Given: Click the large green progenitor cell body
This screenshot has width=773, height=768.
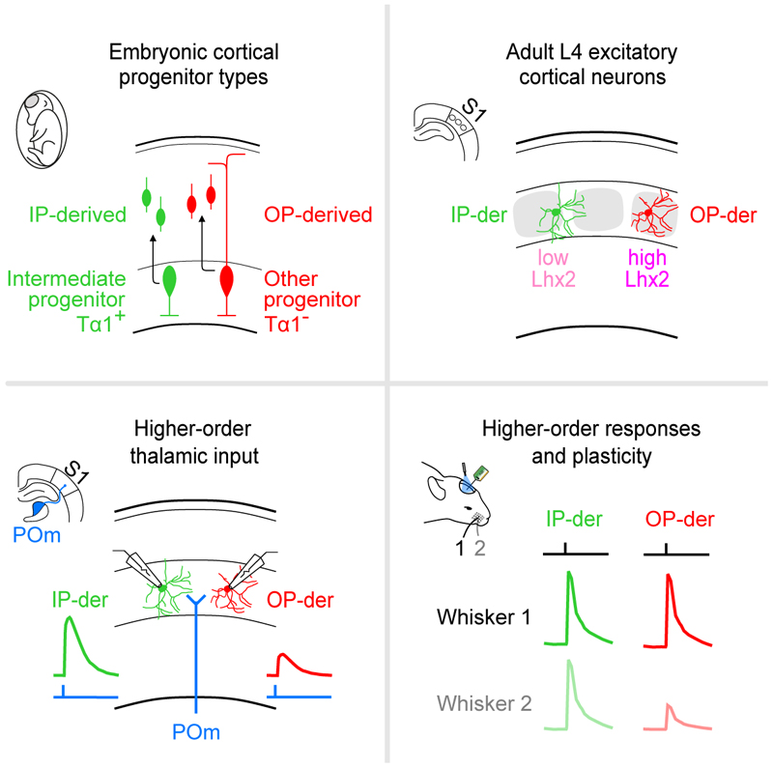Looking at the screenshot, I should click(171, 281).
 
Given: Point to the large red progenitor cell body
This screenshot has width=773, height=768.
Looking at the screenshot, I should click(228, 281).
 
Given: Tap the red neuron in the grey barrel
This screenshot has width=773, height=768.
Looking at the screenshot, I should click(657, 213).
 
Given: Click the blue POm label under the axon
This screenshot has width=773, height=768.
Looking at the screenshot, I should click(197, 733).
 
